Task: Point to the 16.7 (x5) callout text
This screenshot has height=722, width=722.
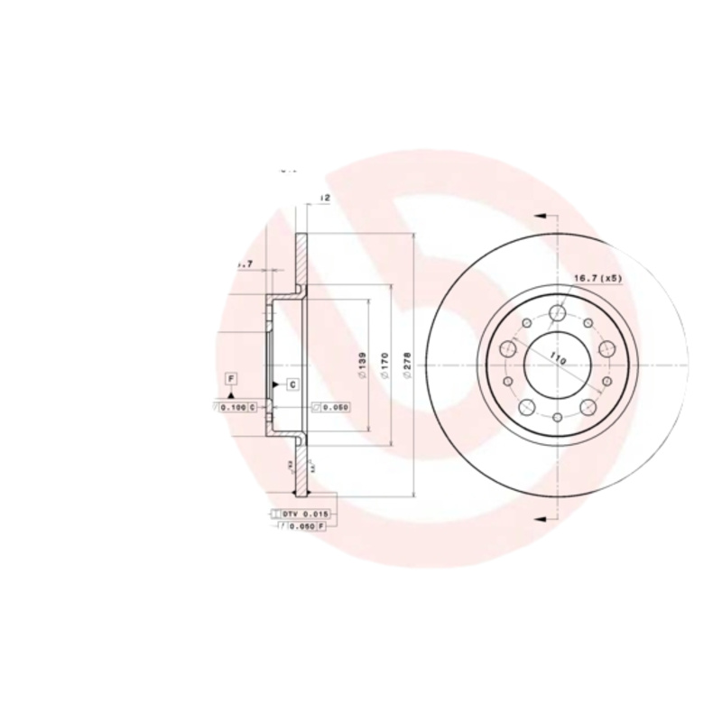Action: [x=598, y=279]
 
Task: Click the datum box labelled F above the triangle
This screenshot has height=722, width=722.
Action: [x=232, y=377]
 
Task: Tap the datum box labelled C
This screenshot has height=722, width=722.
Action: [x=293, y=385]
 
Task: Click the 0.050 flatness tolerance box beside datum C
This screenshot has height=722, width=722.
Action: [x=330, y=408]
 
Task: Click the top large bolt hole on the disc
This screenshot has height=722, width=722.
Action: [x=558, y=313]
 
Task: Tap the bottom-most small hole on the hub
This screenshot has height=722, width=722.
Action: [x=558, y=416]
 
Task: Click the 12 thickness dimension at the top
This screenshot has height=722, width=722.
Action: [x=324, y=198]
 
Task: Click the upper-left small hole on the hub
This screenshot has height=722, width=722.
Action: [x=527, y=323]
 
